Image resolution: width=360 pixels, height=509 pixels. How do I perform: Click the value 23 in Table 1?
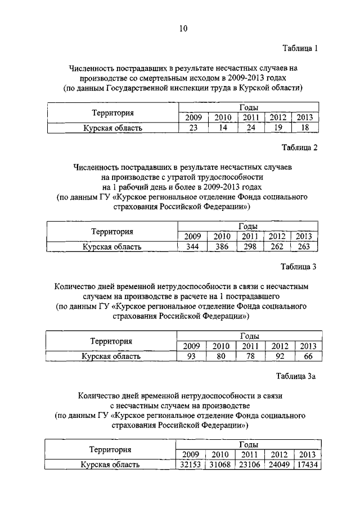point(193,128)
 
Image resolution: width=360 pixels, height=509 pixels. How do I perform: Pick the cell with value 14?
point(223,128)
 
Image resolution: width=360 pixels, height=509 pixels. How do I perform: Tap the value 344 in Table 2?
point(192,246)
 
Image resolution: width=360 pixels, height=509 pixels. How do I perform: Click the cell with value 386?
point(222,246)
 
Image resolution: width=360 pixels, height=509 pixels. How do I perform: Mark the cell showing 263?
point(303,246)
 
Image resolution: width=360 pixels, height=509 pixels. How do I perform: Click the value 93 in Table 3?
point(191,356)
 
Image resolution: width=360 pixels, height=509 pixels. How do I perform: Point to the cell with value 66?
point(308,356)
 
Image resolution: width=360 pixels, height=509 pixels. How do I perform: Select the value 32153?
point(191,465)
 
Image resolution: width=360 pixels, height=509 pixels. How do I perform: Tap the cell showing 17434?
point(307,465)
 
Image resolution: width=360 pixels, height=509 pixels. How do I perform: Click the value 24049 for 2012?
point(279,465)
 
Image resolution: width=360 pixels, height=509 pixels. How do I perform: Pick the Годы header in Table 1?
point(249,107)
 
